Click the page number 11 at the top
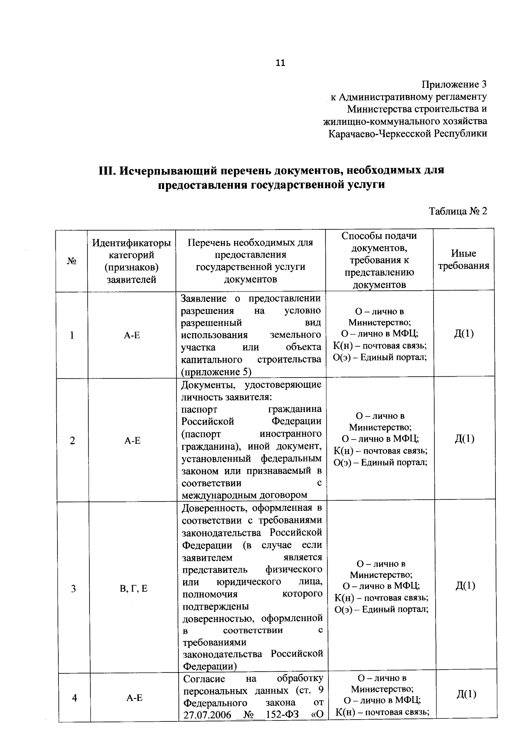pos(280,63)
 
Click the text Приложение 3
pos(455,84)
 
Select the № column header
pos(72,261)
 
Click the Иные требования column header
pos(463,260)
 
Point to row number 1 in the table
pos(72,335)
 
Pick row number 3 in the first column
pos(73,588)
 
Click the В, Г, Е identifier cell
pos(134,588)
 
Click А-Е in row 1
pos(132,335)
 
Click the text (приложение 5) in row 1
pos(216,372)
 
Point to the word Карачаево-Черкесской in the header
pos(379,133)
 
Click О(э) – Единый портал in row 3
pos(381,609)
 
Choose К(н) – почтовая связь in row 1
pos(380,346)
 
